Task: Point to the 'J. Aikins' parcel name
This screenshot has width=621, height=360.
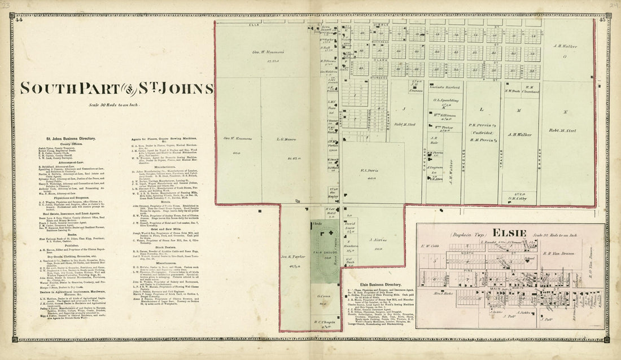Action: tap(377, 240)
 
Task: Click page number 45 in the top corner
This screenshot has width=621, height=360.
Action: tap(603, 20)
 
